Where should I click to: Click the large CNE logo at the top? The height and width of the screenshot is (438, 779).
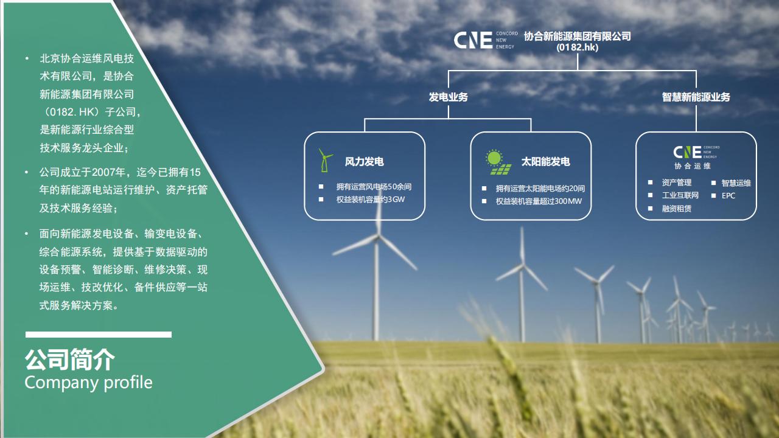[486, 40]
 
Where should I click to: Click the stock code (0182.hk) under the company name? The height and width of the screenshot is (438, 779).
[578, 47]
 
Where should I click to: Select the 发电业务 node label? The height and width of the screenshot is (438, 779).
[449, 97]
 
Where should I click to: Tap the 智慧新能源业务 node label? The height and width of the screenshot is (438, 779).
[696, 97]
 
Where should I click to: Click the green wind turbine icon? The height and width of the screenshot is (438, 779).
[325, 160]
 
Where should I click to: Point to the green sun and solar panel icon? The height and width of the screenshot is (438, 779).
[498, 162]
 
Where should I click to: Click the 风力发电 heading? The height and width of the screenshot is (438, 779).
[364, 162]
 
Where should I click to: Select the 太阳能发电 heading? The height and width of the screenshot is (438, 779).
[545, 162]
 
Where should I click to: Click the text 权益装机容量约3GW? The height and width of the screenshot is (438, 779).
[371, 200]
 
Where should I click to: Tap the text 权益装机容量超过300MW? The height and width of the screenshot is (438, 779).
[539, 201]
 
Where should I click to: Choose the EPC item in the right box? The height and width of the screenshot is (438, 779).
[728, 196]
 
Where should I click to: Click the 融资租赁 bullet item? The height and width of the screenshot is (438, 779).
[676, 209]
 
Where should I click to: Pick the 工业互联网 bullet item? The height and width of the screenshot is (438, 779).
[680, 195]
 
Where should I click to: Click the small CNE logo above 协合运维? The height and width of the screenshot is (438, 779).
[696, 152]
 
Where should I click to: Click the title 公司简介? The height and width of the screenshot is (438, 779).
[69, 360]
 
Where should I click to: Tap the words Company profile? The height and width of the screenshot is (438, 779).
[88, 383]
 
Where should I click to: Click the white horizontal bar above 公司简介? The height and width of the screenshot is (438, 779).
[99, 335]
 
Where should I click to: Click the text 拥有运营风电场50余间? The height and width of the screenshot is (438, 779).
[374, 187]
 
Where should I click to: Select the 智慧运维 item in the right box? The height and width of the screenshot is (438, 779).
[736, 183]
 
